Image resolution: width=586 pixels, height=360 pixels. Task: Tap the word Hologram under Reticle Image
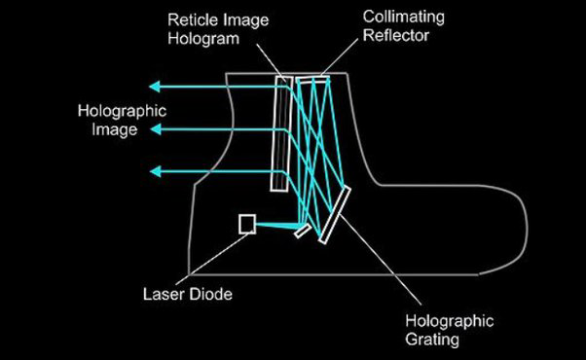[203, 39]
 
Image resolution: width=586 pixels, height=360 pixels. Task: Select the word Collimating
[404, 18]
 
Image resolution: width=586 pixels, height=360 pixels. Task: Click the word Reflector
[396, 35]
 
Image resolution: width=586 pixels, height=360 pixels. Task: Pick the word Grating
[432, 341]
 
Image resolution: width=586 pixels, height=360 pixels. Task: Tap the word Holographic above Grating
[450, 321]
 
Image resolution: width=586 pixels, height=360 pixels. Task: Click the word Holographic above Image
[123, 112]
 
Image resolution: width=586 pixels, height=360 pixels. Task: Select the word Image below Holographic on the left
[115, 130]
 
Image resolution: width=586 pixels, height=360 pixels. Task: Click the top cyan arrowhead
[155, 87]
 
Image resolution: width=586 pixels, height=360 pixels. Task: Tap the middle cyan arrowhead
[156, 129]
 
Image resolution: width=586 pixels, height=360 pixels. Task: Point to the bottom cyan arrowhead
[156, 172]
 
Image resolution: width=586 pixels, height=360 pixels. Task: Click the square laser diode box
[247, 224]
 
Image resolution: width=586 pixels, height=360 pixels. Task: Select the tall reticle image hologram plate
[281, 133]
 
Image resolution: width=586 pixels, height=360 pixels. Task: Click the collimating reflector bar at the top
[313, 80]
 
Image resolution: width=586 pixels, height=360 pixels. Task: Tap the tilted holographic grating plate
[335, 215]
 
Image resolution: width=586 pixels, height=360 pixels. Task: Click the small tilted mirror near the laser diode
[303, 232]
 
